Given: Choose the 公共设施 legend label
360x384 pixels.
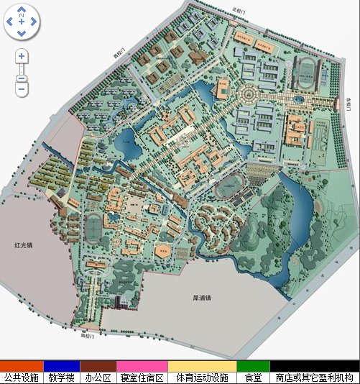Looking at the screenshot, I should (x=22, y=378).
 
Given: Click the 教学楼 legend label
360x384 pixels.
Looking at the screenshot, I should (x=62, y=378).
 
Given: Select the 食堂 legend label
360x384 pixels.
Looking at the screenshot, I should (x=253, y=378).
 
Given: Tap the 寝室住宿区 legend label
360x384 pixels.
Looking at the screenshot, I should (x=142, y=378).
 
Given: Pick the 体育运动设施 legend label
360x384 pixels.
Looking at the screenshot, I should (x=202, y=378).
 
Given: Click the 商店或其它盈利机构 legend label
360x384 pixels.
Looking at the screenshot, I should (x=315, y=378).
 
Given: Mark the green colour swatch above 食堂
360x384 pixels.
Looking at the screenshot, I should (x=253, y=366).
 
